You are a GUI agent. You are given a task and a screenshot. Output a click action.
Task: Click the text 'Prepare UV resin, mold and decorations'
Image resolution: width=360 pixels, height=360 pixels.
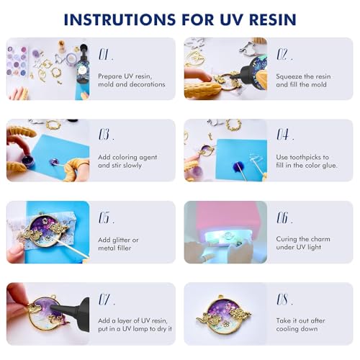point(132,79)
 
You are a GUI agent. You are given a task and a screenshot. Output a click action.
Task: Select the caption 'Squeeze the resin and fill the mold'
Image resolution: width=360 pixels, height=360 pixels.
point(308,79)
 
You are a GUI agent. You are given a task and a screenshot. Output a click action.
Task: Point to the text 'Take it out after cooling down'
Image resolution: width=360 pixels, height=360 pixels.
point(306,325)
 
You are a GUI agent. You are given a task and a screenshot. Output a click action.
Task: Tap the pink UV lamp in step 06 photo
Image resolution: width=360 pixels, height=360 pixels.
point(223,216)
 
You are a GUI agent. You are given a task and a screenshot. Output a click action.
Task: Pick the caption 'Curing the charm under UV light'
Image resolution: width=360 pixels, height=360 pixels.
point(307,243)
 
